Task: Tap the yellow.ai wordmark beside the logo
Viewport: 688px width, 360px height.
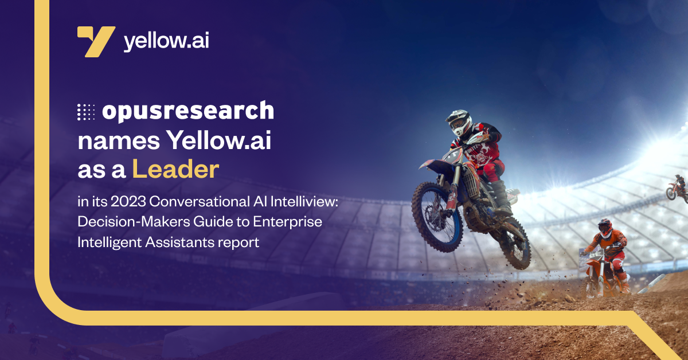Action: point(166,41)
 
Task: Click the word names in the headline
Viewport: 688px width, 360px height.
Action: point(112,141)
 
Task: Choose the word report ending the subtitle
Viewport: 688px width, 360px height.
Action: point(239,242)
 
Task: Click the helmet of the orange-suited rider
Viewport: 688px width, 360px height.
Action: point(604,227)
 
